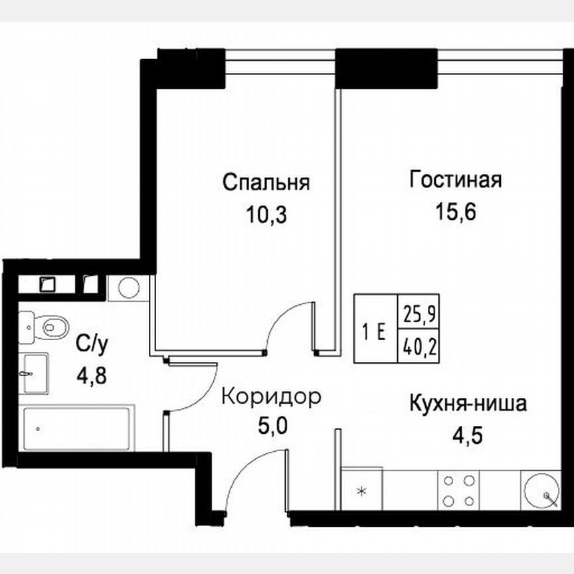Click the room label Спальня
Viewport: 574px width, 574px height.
click(266, 182)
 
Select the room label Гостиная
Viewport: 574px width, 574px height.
click(455, 179)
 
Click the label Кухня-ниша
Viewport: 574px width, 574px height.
click(468, 403)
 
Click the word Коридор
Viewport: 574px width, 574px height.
click(271, 397)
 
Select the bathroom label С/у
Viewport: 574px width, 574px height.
click(91, 343)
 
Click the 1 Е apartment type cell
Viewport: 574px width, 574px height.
click(375, 328)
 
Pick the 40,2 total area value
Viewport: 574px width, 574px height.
click(418, 345)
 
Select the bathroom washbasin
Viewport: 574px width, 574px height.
click(34, 374)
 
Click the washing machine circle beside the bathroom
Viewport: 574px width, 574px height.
click(128, 288)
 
